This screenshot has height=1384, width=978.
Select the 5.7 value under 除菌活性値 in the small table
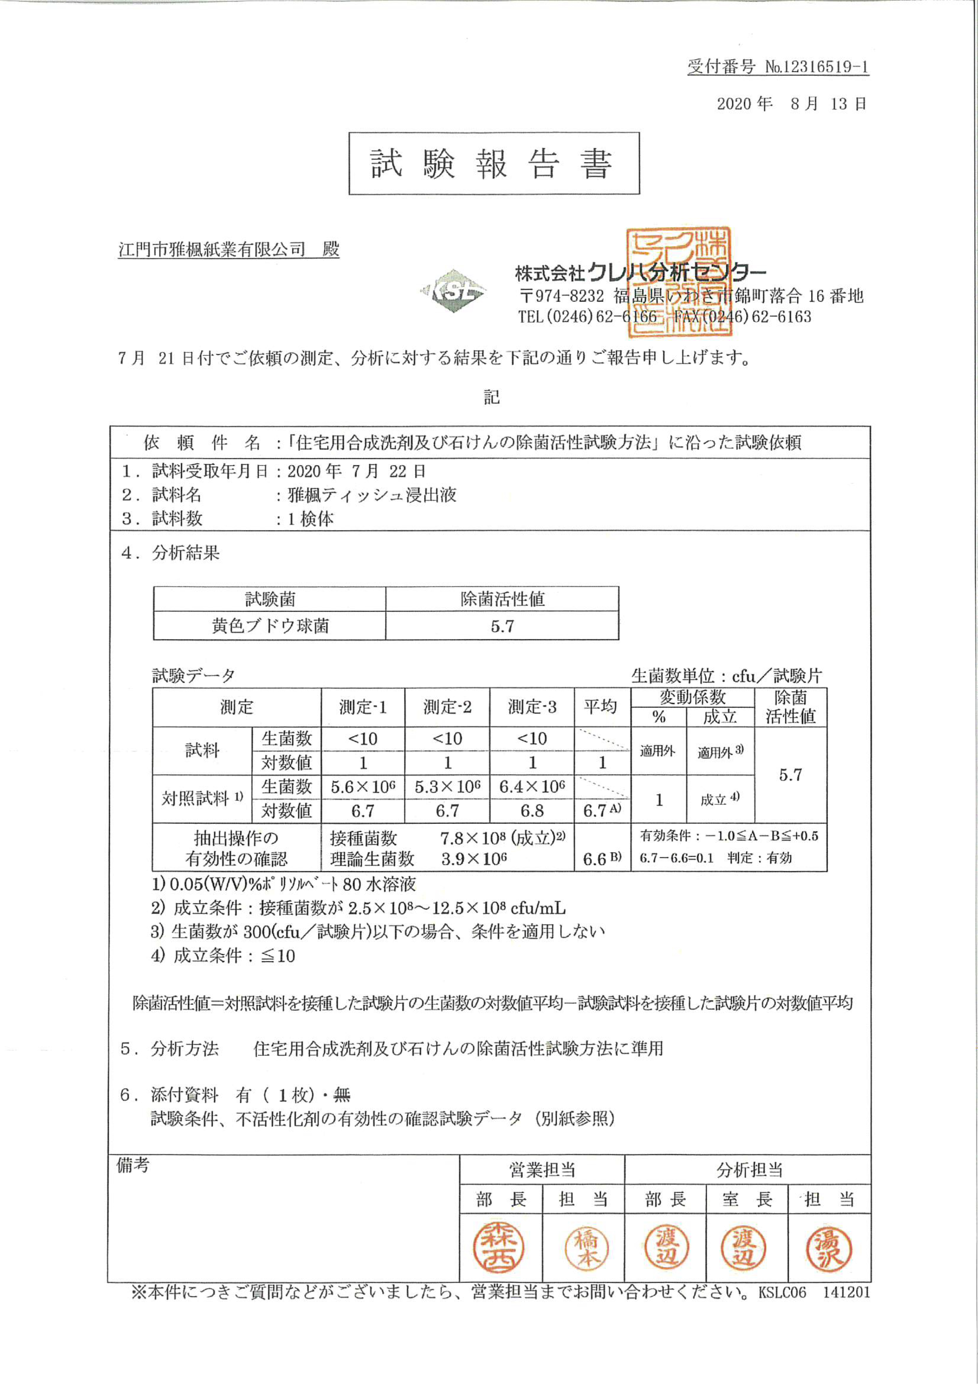click(x=502, y=626)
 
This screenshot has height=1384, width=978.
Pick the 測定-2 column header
click(x=447, y=707)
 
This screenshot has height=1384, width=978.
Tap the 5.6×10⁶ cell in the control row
click(x=363, y=787)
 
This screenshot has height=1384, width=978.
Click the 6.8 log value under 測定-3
click(x=532, y=811)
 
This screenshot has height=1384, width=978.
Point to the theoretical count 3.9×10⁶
click(x=474, y=859)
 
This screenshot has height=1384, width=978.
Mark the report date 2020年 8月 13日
click(x=791, y=104)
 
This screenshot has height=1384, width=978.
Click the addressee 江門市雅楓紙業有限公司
click(x=212, y=250)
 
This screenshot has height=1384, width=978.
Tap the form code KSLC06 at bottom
click(x=782, y=1292)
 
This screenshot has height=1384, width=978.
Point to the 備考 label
click(x=132, y=1165)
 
